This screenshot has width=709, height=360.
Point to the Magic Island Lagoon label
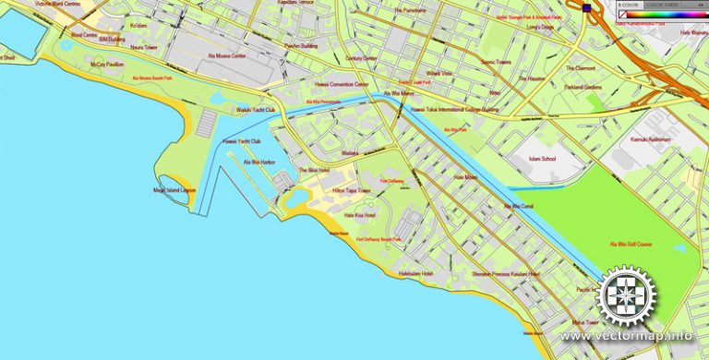[175, 190]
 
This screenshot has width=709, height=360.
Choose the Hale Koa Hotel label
[359, 215]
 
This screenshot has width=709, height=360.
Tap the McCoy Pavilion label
[107, 65]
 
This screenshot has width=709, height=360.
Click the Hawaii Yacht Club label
[242, 141]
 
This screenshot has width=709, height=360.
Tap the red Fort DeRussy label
[391, 181]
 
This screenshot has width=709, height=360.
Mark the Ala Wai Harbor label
[259, 162]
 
